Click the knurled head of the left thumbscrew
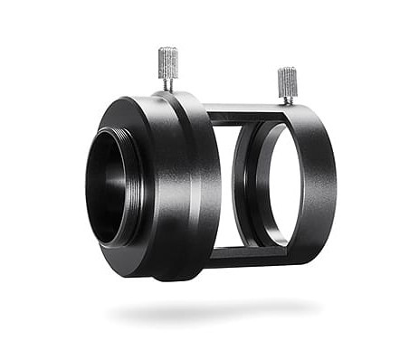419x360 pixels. tap(168, 62)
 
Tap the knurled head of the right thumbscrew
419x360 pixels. tap(287, 82)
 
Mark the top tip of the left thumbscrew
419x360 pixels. tap(168, 49)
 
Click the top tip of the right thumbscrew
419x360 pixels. tap(287, 70)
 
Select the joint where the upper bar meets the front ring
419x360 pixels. tap(208, 115)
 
